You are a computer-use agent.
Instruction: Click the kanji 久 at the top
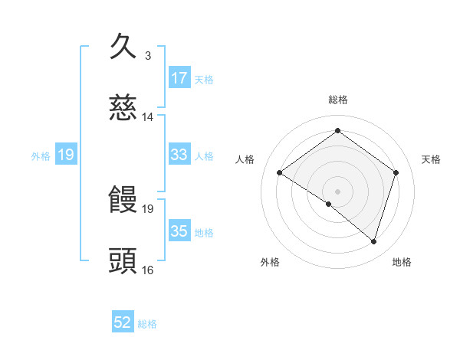(123, 47)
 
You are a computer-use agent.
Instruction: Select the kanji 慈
(123, 110)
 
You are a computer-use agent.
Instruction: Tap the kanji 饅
(123, 200)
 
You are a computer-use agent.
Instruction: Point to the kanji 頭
(123, 261)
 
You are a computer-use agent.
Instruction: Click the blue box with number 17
(179, 78)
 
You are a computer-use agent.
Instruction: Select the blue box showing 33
(179, 155)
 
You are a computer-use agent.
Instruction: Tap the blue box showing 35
(179, 231)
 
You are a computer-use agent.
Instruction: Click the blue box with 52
(123, 323)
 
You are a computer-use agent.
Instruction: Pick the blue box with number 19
(66, 155)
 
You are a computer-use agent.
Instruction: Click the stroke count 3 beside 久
(148, 56)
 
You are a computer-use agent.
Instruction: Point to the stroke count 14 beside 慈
(148, 117)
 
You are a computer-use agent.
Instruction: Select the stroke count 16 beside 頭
(148, 270)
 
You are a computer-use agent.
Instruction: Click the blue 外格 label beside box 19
(41, 155)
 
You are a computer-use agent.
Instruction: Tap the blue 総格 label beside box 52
(147, 324)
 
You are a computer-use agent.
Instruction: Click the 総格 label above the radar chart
(338, 100)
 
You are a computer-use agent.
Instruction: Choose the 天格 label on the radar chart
(431, 159)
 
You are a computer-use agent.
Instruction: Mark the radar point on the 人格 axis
(280, 172)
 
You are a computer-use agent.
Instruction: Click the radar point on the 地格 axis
(373, 241)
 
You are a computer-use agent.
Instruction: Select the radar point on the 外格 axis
(329, 204)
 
